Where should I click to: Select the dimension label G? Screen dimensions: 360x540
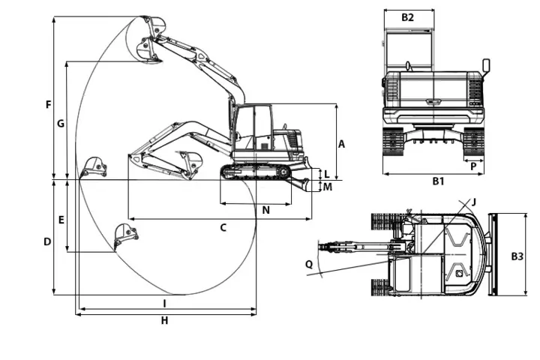61,123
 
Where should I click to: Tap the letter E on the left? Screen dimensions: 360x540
61,220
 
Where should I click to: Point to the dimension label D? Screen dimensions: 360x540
46,241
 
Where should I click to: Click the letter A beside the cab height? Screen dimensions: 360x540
341,143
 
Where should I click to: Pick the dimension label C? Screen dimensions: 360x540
223,227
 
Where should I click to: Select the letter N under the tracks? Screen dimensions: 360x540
265,211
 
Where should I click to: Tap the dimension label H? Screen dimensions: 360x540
164,321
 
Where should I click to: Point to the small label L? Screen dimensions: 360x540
327,174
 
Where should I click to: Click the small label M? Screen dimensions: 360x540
328,187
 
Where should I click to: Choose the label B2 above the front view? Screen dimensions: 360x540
407,16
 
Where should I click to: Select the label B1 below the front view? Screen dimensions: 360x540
438,181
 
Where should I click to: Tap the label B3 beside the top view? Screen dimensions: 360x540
517,256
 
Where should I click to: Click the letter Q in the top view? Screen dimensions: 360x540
309,263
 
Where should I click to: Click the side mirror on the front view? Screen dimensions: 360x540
486,66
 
